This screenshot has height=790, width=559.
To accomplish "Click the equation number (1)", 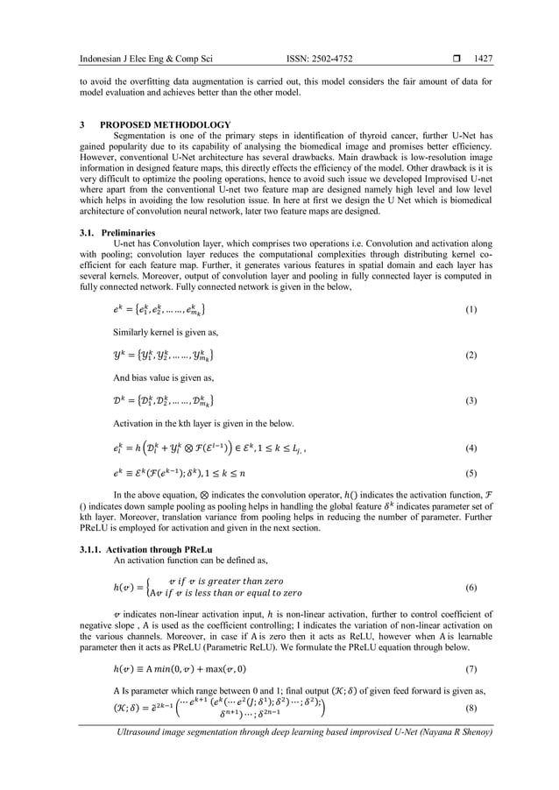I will [x=471, y=310].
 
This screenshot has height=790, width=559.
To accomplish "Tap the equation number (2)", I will [x=471, y=355].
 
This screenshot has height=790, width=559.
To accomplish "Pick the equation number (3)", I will [x=471, y=399].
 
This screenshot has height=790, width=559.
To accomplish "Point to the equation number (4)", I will [x=471, y=448].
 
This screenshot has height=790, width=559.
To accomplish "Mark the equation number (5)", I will [x=471, y=473].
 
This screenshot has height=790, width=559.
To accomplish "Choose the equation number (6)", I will [x=471, y=585].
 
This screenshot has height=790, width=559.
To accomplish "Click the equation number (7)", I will [x=471, y=668].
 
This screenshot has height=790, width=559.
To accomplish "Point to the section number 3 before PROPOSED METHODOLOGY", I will [x=81, y=125].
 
